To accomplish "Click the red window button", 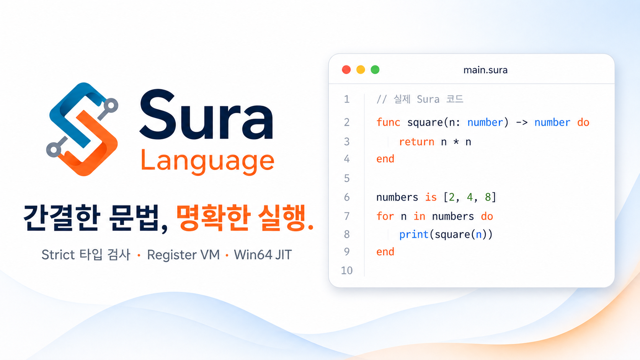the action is click(x=346, y=70).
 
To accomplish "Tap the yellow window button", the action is click(x=361, y=70).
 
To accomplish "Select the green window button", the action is click(x=375, y=70).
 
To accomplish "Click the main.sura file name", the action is click(x=485, y=70).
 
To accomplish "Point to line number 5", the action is click(x=347, y=178).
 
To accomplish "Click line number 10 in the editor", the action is click(x=347, y=270).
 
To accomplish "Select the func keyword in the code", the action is click(x=388, y=122).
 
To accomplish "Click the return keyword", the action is click(x=416, y=142).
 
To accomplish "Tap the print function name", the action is click(x=414, y=235).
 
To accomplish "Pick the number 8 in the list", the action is click(x=488, y=197).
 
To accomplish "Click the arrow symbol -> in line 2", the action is click(x=522, y=122).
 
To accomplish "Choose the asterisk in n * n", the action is click(x=456, y=141).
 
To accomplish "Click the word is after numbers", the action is click(x=431, y=197).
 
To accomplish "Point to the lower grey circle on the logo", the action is click(x=54, y=150).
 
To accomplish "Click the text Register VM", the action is click(x=183, y=255).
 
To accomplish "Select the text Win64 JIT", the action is click(x=263, y=255).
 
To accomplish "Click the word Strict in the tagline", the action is click(x=58, y=255).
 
